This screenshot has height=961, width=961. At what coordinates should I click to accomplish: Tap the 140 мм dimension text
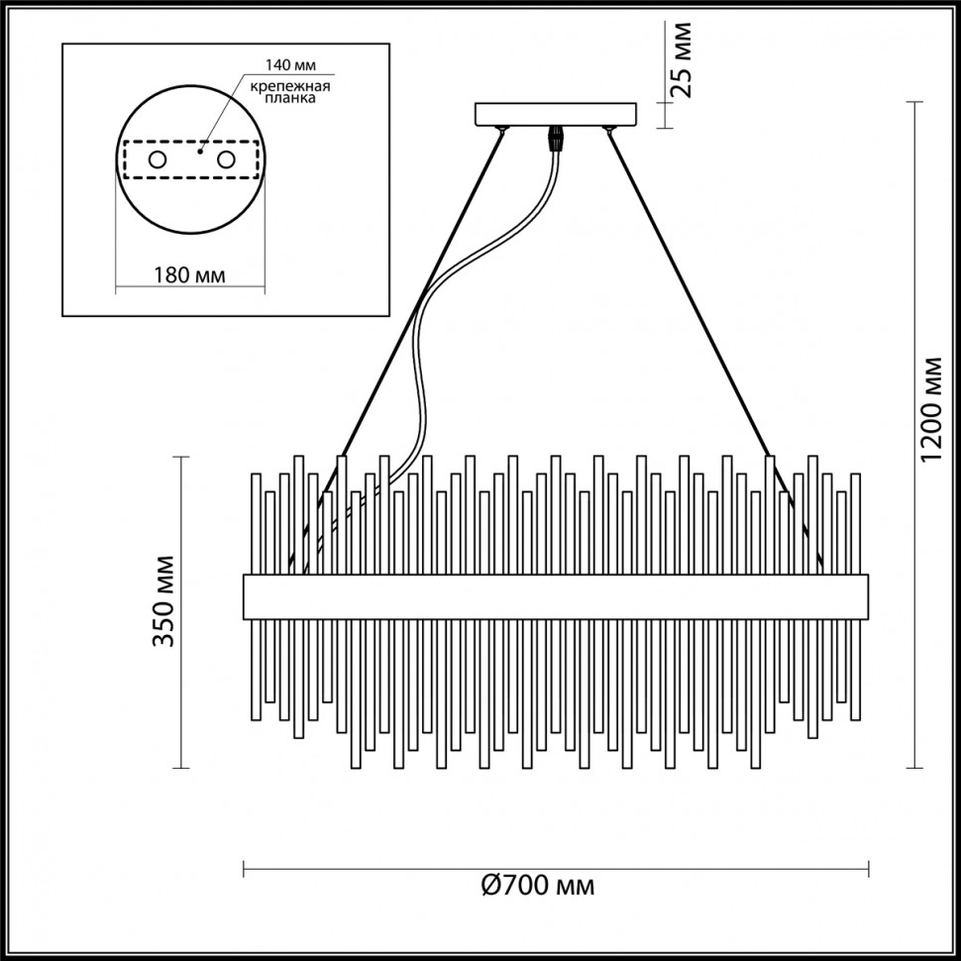point(289,65)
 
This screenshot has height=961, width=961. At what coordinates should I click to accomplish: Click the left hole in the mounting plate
point(158,160)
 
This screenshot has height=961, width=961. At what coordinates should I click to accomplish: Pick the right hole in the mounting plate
point(226,160)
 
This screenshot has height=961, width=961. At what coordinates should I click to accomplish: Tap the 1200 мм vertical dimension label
point(930,407)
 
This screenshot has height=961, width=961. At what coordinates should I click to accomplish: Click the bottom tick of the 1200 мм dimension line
point(912,768)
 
